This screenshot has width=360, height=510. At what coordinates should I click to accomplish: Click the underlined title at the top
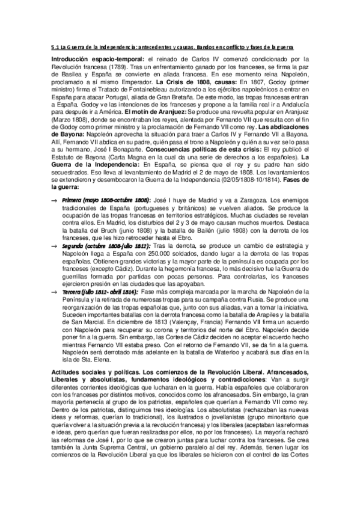(x=180, y=46)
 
